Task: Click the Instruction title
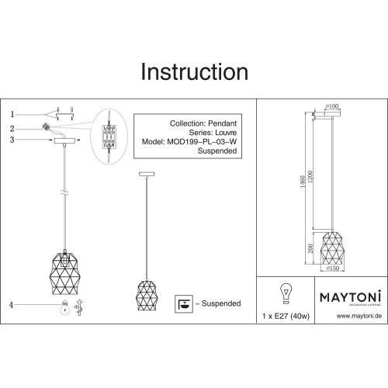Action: (193, 71)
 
